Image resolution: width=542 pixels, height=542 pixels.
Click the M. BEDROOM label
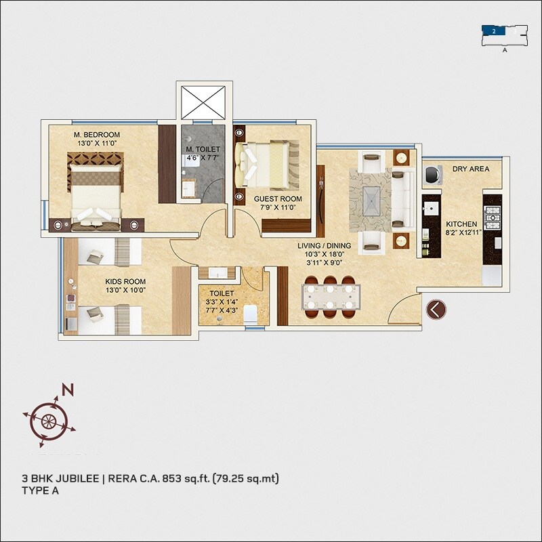click(x=96, y=134)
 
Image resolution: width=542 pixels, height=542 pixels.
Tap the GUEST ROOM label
click(x=278, y=199)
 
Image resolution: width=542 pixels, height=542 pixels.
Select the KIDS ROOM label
click(x=125, y=281)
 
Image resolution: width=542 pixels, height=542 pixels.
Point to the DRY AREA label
click(x=470, y=169)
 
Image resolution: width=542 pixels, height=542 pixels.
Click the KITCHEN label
click(x=461, y=224)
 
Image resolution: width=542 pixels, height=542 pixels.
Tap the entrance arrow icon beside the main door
click(x=436, y=310)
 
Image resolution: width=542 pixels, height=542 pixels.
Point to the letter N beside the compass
click(x=67, y=390)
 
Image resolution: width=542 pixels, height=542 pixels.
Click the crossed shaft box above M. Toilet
click(x=199, y=104)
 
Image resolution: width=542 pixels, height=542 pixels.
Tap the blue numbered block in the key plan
click(x=494, y=31)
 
